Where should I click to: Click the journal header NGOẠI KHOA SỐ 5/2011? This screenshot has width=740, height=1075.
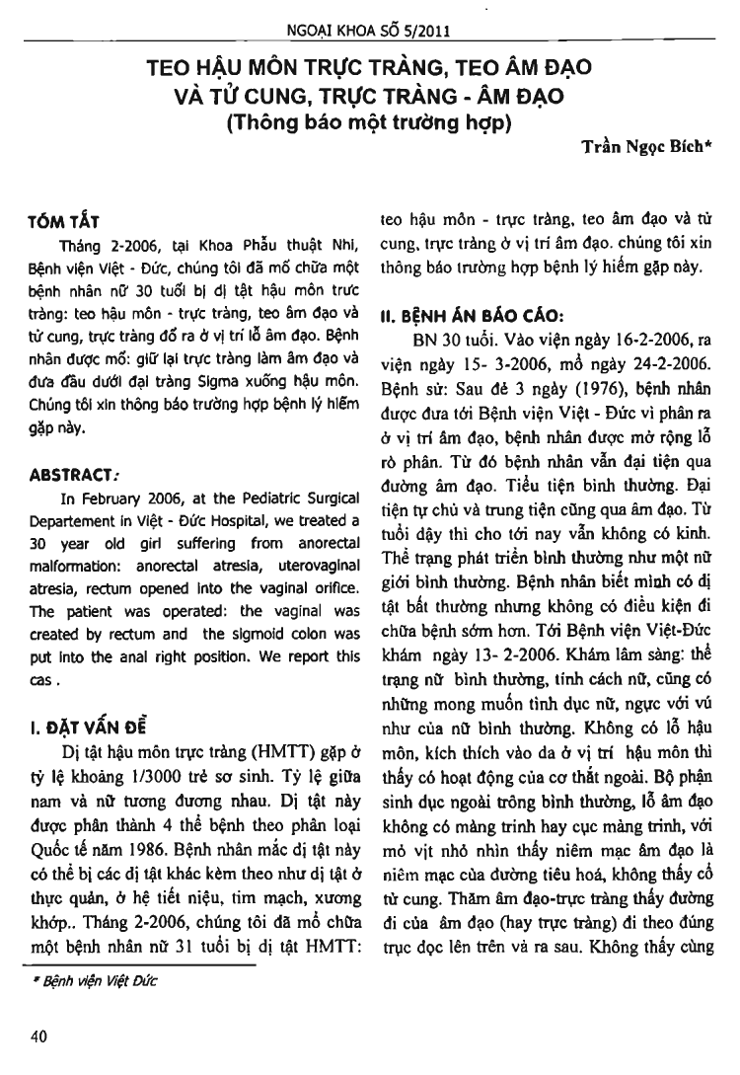click(369, 30)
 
